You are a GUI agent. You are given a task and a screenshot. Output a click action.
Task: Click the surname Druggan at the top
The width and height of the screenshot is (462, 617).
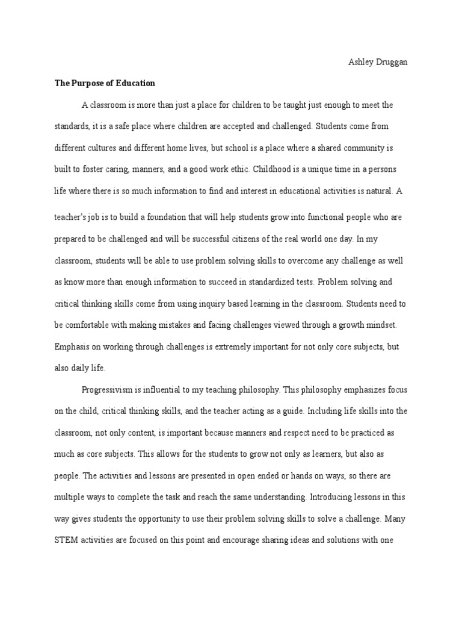point(391,62)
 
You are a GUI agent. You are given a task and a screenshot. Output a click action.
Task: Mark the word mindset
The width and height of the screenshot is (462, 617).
point(378,325)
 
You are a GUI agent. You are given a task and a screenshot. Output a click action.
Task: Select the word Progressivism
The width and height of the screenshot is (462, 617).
point(109,390)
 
